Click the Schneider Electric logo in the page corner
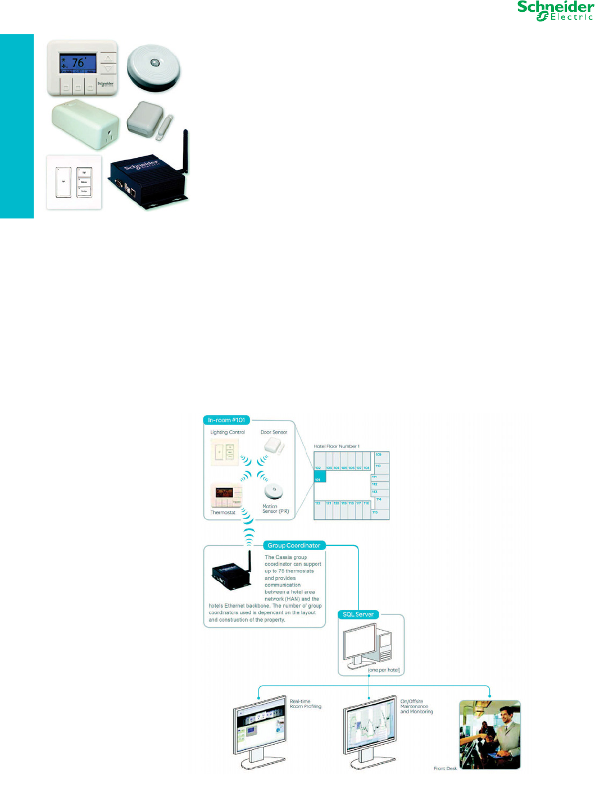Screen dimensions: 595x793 555,11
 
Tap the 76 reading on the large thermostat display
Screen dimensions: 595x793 78,62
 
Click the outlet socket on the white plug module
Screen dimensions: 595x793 110,134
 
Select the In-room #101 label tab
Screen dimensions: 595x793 226,420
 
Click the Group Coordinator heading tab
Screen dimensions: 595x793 294,545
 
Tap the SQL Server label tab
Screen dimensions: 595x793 358,614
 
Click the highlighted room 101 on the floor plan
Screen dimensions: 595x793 319,476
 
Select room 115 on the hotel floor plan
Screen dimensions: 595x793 375,513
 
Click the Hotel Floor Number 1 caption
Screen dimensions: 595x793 337,446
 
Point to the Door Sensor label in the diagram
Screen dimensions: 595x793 274,432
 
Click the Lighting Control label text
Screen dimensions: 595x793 228,432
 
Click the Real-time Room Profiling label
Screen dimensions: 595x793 306,704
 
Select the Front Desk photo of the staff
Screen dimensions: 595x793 490,734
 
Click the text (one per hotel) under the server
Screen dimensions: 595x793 384,670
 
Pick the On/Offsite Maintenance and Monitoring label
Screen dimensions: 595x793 416,707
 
